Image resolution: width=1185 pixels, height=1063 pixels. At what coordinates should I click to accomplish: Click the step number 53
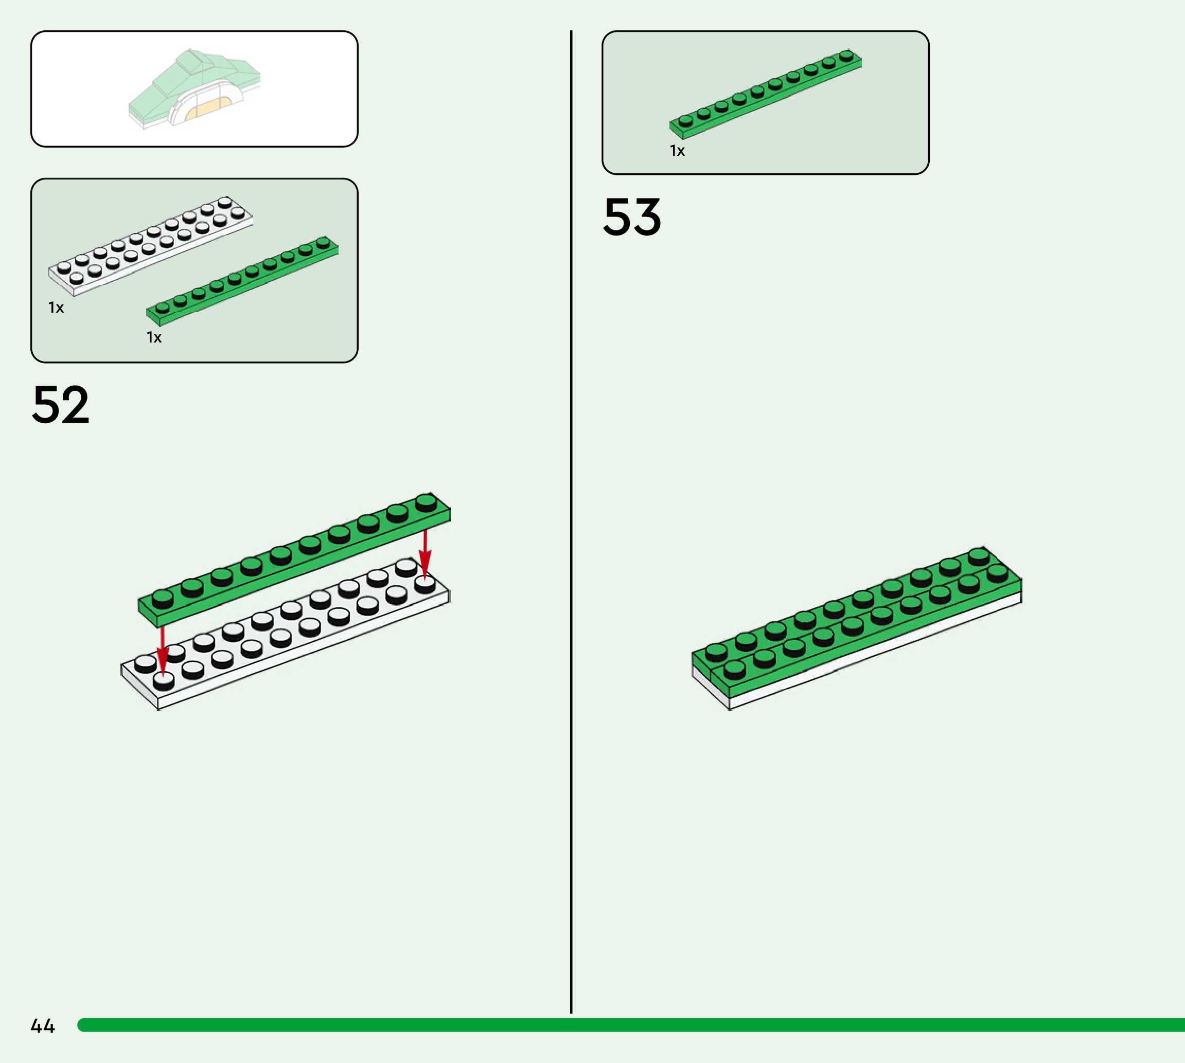coord(632,217)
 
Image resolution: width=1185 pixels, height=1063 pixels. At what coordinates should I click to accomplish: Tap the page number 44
coord(43,1025)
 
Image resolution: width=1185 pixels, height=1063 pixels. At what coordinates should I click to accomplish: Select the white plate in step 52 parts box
coord(151,246)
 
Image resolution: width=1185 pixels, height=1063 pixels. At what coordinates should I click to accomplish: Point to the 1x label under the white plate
coord(56,308)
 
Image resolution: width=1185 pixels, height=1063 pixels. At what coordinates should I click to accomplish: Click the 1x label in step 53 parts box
coord(677,151)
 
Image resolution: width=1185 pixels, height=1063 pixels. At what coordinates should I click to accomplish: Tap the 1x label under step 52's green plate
coord(154,337)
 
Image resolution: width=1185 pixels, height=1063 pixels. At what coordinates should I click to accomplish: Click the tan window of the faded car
coord(208,109)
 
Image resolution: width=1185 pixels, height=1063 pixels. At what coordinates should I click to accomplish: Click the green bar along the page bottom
coord(631,1025)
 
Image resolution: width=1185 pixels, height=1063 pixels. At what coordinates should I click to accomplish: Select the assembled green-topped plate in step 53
coord(857,625)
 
